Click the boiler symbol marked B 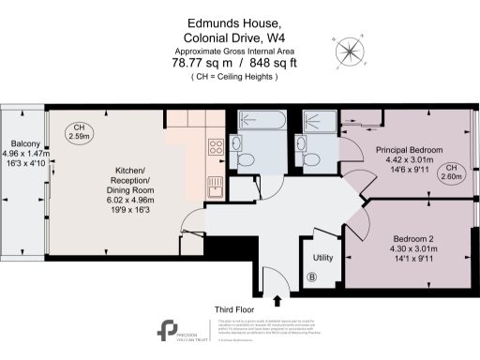click(312, 277)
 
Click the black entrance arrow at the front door click(277, 300)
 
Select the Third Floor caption click(236, 308)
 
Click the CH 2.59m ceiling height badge click(80, 132)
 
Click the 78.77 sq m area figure click(196, 64)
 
